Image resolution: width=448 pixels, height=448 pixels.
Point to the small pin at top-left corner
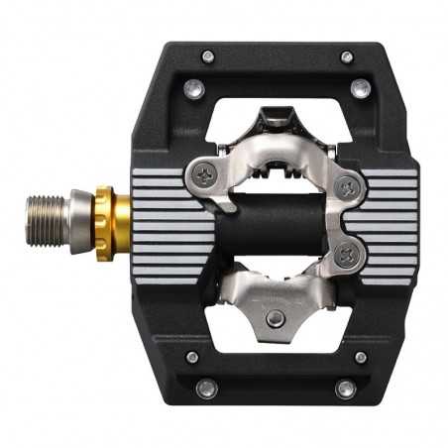(207, 56)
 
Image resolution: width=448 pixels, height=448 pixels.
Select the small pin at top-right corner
(348, 56)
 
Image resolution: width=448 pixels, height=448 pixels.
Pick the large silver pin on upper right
(361, 89)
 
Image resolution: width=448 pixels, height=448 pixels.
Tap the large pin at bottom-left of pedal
(205, 389)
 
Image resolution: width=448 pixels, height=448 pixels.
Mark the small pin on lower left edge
(192, 357)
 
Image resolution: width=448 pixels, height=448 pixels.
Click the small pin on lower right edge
(361, 357)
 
